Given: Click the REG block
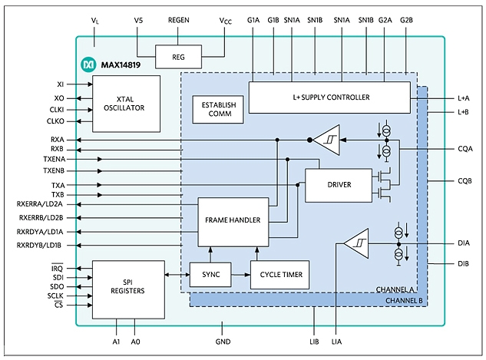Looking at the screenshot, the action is [x=178, y=57].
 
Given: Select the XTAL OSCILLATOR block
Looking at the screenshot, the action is [x=126, y=104].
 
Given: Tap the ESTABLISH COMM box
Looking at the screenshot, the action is [x=218, y=109].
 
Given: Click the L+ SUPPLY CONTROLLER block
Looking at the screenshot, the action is [x=329, y=97].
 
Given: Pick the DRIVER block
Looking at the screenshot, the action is [x=339, y=185].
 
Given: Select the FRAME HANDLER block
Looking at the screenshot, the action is [x=233, y=222].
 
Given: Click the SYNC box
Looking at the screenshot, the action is [x=210, y=275].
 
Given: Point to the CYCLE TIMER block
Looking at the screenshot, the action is [x=279, y=275].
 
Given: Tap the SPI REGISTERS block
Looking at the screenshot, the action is [x=128, y=289].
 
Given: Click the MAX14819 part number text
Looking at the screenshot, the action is [x=121, y=65].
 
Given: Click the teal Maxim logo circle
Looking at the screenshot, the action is [x=88, y=64].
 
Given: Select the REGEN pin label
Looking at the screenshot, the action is [x=179, y=20].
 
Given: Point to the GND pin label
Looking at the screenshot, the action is [x=223, y=342].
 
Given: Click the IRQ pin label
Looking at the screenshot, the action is [x=57, y=268].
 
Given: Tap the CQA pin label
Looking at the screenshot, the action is [x=465, y=149].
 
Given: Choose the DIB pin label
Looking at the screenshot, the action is [x=464, y=263].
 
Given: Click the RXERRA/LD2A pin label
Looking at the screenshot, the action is [x=40, y=204].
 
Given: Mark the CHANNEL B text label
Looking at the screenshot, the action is [x=404, y=301].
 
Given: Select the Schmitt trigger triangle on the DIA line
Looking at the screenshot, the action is [x=358, y=243].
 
